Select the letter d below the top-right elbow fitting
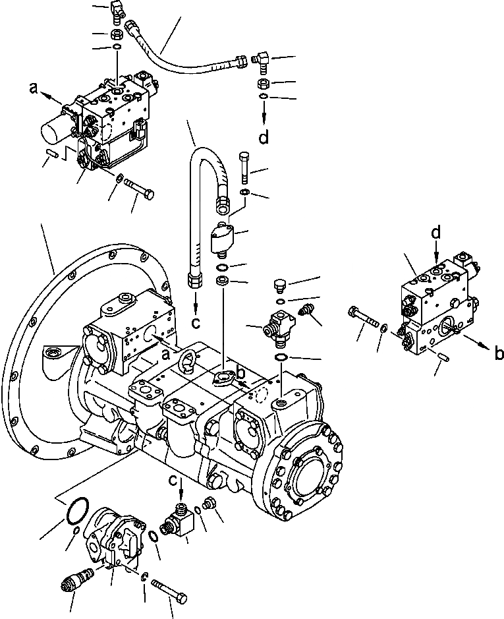264,138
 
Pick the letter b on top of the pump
242,373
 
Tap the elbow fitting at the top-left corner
118,10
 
